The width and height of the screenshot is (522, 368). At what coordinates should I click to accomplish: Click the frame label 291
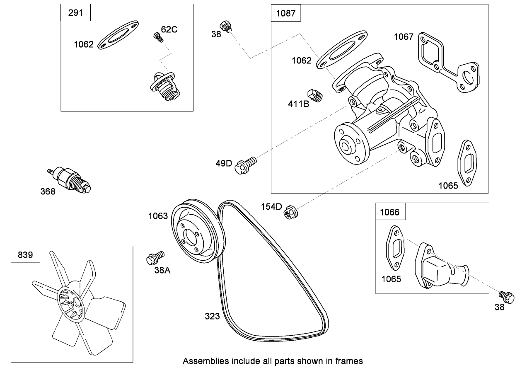click(75, 12)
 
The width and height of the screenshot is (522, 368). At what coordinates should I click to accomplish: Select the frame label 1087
click(286, 13)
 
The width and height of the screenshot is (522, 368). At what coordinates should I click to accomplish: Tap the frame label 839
click(25, 254)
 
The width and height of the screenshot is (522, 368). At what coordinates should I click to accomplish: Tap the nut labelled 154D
click(289, 213)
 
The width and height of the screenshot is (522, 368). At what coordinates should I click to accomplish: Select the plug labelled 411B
click(316, 96)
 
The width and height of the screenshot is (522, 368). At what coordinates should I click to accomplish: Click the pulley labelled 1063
click(198, 233)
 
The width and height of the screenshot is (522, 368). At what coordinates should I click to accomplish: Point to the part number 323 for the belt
click(212, 316)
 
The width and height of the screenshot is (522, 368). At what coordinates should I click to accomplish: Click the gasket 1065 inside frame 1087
click(467, 163)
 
